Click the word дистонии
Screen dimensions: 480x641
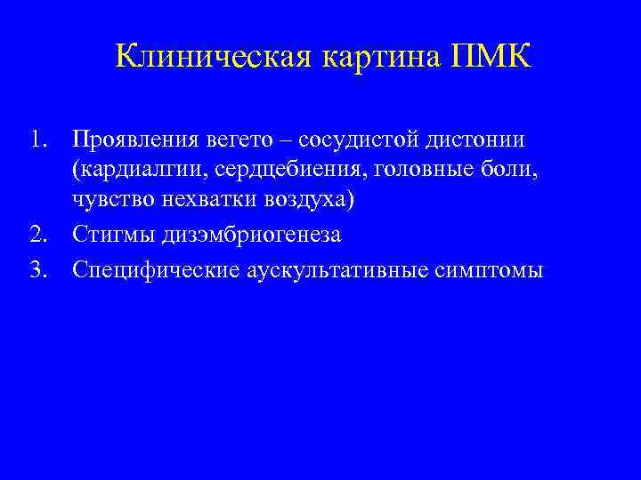tap(478, 140)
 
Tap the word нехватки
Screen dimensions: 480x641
tap(210, 204)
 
